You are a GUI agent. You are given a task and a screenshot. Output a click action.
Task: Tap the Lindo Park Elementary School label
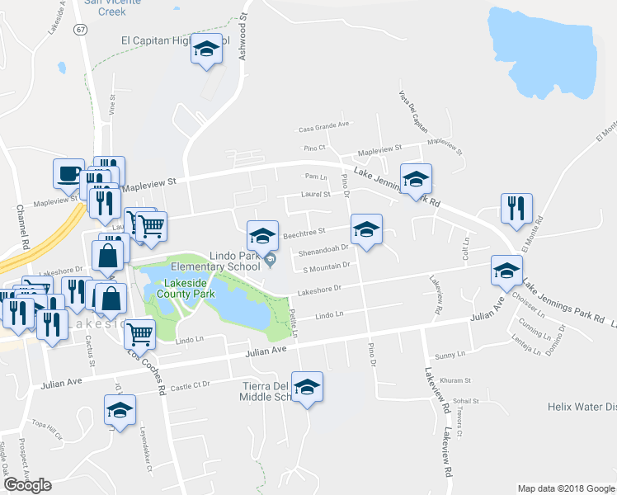click(215, 261)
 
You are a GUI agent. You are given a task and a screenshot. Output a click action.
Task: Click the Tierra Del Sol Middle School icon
click(307, 387)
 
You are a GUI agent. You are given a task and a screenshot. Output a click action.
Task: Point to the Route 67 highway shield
click(79, 29)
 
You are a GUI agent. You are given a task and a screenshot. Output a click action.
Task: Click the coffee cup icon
click(68, 174)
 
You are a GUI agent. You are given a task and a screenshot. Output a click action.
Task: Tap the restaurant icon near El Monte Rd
click(516, 209)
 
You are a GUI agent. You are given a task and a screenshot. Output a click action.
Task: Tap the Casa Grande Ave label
click(324, 126)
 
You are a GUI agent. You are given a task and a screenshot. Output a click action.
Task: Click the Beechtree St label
click(305, 233)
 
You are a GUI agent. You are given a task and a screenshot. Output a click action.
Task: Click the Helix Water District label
click(582, 407)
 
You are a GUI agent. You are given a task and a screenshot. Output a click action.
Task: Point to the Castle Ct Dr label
click(191, 384)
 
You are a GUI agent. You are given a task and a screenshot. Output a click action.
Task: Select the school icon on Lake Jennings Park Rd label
click(417, 179)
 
